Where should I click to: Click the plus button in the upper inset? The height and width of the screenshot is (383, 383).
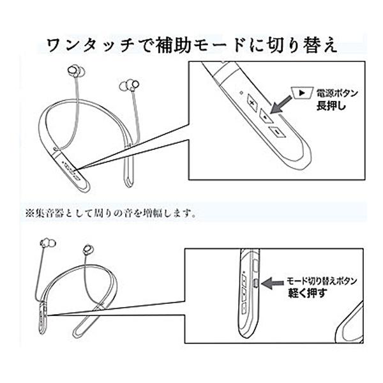(x=252, y=103)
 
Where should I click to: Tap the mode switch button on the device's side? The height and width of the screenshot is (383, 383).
(x=255, y=282)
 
